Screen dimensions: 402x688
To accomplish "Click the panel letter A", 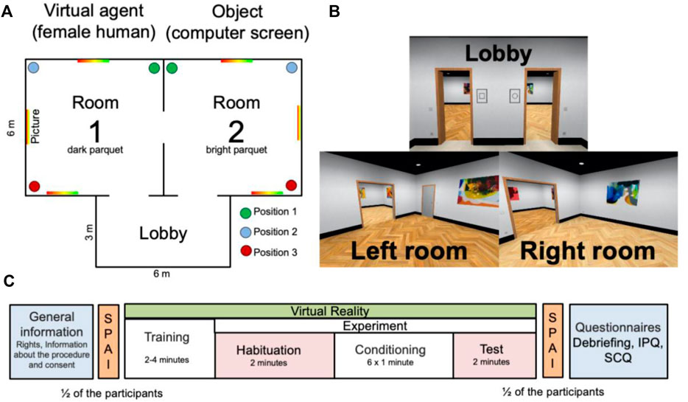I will pos(9,13).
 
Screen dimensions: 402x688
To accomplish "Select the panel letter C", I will pos(9,280).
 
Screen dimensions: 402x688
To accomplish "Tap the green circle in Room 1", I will pos(153,68).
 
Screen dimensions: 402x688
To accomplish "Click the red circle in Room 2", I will pos(291,184).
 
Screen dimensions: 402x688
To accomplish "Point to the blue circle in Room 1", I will pos(34,68).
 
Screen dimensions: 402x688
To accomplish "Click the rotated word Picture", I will pos(36,127).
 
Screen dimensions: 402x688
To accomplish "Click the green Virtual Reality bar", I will pos(330,311).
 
